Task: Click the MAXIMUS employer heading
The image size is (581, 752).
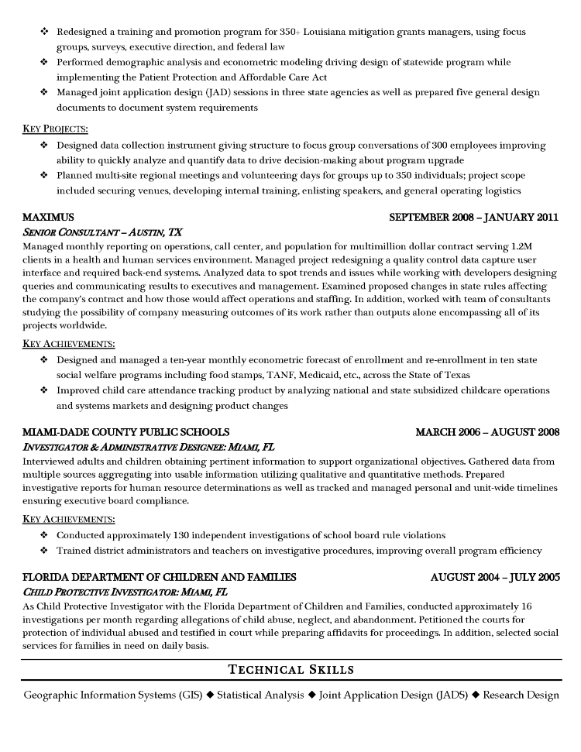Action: tap(48, 217)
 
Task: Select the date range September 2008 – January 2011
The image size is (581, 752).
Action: tap(473, 217)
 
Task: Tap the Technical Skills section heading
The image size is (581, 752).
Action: tap(291, 669)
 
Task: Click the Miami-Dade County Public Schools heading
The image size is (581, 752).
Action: tap(125, 431)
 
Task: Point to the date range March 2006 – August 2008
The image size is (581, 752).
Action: tap(487, 431)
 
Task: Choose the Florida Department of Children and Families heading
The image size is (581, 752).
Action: tap(159, 577)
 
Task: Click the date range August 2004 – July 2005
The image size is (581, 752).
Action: tap(494, 577)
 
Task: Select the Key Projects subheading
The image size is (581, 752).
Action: tap(55, 129)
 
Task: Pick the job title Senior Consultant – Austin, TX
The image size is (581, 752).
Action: tap(102, 232)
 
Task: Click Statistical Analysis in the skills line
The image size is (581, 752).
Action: tap(260, 695)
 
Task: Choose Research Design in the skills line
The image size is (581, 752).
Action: tap(521, 695)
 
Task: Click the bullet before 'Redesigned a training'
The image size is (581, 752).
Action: tap(43, 32)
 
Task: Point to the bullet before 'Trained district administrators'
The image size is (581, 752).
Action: tap(43, 550)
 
